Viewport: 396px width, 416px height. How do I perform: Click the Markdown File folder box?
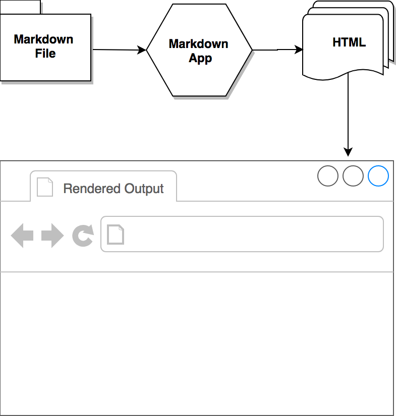[45, 47]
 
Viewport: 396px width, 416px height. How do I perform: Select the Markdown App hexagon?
[199, 50]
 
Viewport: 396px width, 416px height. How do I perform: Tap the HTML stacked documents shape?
[348, 40]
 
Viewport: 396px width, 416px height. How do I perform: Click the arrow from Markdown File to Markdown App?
[119, 50]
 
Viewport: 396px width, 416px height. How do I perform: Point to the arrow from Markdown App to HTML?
[277, 50]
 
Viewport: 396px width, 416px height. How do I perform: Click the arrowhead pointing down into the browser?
[348, 152]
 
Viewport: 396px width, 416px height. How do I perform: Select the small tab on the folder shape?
[20, 7]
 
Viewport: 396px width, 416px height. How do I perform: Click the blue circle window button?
[378, 176]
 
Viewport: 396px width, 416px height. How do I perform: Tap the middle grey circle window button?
[353, 176]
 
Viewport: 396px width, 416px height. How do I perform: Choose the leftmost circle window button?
[328, 176]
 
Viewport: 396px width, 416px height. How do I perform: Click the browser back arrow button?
[22, 236]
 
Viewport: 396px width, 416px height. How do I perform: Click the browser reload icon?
[83, 236]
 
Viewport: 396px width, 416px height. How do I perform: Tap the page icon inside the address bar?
[116, 235]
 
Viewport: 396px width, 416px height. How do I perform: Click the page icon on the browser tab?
[45, 187]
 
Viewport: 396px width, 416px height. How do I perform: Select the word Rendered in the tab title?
[92, 189]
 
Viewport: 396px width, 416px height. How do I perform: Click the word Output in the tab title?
[144, 189]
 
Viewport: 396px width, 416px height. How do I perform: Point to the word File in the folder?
[45, 53]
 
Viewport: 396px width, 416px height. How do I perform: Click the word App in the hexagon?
[200, 58]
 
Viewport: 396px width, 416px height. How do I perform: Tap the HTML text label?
[349, 42]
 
